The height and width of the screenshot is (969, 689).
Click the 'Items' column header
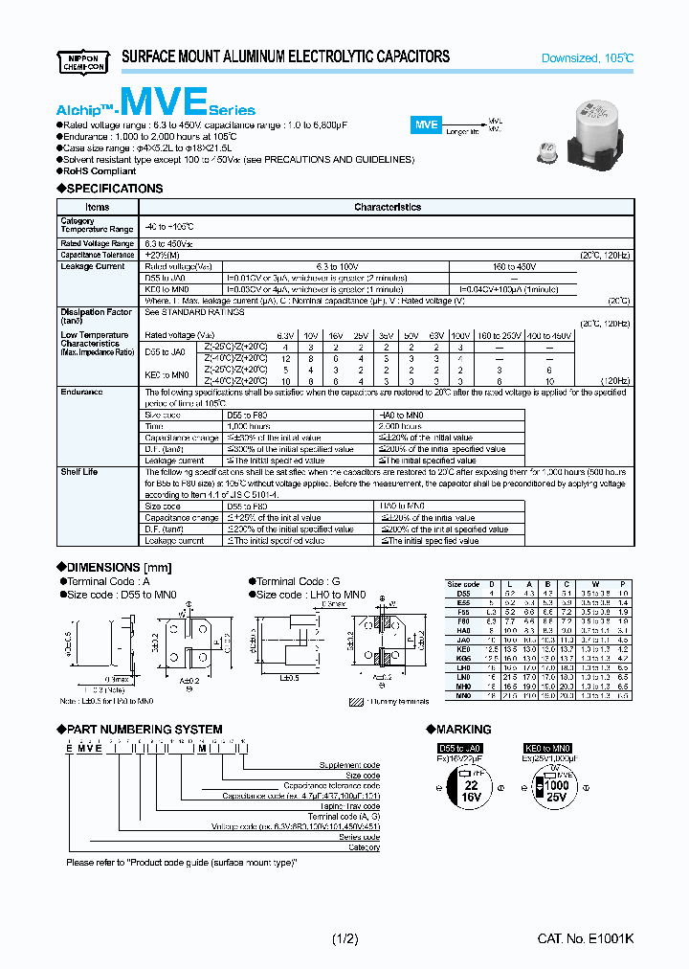pos(98,207)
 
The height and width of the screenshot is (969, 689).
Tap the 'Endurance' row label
pos(81,392)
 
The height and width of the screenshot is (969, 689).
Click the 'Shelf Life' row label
pos(79,472)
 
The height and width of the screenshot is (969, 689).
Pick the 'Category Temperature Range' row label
pos(97,225)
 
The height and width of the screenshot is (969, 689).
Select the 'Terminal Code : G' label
pos(298,581)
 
